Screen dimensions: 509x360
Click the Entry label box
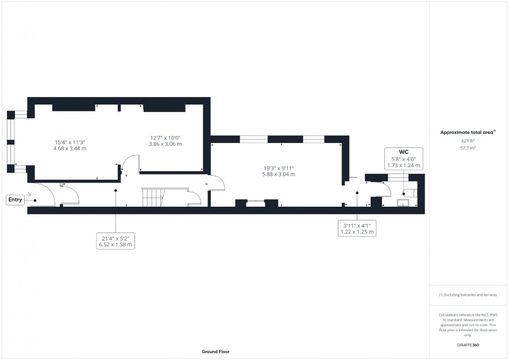(x=15, y=200)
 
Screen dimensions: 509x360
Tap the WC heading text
(x=403, y=152)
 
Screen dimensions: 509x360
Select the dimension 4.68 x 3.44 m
(x=70, y=149)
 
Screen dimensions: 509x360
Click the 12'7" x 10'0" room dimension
(x=165, y=138)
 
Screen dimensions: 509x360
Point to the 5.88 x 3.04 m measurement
(x=279, y=174)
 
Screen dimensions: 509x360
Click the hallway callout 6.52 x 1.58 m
(x=115, y=245)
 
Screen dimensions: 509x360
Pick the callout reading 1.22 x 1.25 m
(x=357, y=232)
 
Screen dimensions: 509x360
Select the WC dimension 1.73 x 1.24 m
(x=403, y=165)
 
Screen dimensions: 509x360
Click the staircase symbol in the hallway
(x=153, y=197)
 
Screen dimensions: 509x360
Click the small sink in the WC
(x=403, y=203)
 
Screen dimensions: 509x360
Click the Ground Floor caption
(x=215, y=351)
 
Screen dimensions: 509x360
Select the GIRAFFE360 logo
(x=468, y=344)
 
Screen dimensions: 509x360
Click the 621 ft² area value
(x=468, y=141)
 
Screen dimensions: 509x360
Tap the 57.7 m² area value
(x=468, y=148)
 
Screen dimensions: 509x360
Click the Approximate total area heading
(x=468, y=132)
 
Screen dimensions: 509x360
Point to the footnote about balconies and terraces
(x=468, y=295)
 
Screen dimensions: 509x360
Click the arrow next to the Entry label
(x=29, y=195)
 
